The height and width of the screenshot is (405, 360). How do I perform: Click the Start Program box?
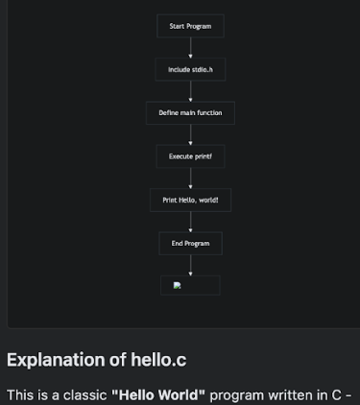click(190, 26)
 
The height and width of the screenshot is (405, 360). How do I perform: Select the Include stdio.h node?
click(190, 69)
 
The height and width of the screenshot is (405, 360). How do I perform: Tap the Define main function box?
click(190, 113)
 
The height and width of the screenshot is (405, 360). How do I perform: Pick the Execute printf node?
click(190, 156)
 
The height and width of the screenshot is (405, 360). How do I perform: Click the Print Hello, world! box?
click(190, 200)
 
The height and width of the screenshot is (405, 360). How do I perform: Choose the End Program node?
click(190, 244)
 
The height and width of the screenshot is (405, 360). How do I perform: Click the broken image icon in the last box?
click(178, 285)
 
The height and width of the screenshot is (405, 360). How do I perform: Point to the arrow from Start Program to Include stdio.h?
click(190, 48)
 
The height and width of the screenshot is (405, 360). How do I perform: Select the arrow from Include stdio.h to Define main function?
click(190, 91)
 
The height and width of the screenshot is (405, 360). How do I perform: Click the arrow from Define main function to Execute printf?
click(190, 135)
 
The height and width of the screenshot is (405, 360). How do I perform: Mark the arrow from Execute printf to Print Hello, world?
click(190, 179)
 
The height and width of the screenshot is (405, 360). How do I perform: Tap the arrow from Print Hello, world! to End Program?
click(190, 222)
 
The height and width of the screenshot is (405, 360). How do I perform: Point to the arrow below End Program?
click(190, 265)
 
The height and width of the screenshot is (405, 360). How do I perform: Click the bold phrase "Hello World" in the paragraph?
click(158, 394)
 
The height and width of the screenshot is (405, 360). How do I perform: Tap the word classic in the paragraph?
click(82, 394)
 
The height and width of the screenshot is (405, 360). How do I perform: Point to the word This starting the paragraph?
click(21, 394)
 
